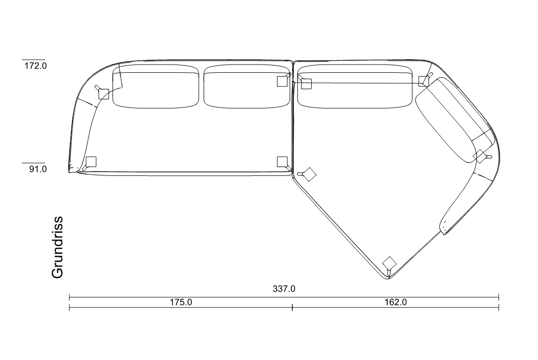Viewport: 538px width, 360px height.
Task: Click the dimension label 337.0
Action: [x=284, y=289]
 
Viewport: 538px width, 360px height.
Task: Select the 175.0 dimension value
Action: [x=181, y=302]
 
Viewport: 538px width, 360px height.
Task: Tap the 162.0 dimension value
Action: [x=395, y=302]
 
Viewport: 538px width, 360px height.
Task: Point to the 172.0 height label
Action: [x=35, y=66]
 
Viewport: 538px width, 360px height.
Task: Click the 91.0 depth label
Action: [x=38, y=169]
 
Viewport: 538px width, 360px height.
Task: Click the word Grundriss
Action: [x=57, y=247]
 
